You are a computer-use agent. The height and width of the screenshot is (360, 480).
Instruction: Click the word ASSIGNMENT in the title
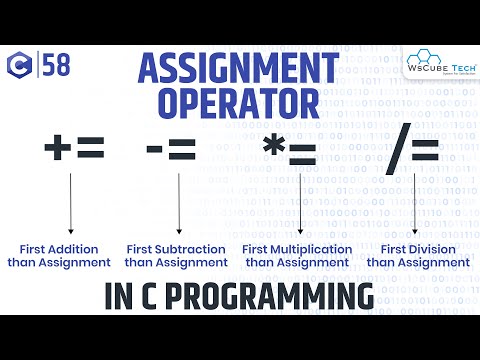pos(239,70)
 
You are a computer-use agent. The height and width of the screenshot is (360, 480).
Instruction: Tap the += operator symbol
pos(74,151)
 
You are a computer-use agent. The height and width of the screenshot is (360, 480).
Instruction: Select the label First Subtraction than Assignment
pos(178,255)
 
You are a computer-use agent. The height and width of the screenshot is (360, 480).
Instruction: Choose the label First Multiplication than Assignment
pos(298,255)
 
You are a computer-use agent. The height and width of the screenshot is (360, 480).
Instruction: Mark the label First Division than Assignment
pos(417,255)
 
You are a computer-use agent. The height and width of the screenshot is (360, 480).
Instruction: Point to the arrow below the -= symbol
pos(178,205)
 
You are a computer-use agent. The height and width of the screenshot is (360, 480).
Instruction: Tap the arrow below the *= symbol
pos(300,205)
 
